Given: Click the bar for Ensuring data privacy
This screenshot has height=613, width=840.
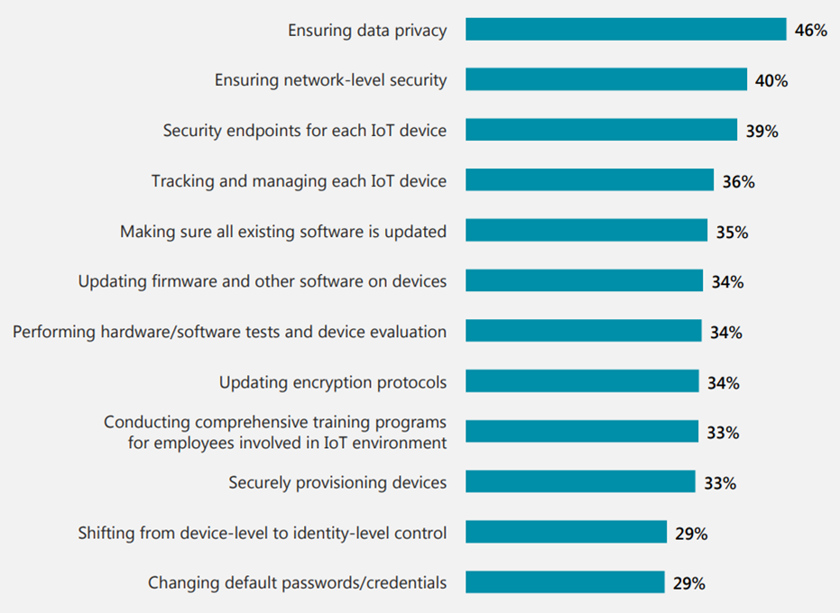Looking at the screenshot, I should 625,30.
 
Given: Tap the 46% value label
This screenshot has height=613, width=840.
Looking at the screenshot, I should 810,31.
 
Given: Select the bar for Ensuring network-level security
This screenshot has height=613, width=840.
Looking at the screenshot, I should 605,80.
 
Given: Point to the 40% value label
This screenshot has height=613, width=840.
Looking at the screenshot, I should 771,81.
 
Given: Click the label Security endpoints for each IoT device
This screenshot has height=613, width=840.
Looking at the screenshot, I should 304,131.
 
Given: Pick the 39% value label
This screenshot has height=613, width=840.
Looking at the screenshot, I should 762,132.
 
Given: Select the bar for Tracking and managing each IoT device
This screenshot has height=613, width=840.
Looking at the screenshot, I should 589,180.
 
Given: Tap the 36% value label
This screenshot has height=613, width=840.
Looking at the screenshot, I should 738,182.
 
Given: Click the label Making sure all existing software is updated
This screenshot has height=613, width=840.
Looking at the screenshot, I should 282,232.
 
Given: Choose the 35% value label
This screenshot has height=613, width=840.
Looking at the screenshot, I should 732,233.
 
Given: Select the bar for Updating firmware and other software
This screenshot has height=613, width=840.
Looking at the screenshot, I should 584,281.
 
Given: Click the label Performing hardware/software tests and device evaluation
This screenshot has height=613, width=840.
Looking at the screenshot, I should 229,332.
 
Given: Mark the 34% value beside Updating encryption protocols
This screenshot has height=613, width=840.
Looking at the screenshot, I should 723,383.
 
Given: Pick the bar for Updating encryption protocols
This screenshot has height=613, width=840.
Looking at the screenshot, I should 582,381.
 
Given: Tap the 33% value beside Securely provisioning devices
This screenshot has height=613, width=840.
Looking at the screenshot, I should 720,483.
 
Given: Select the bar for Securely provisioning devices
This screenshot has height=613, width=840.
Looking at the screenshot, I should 580,482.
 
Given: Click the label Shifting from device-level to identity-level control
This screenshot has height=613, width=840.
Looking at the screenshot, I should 262,533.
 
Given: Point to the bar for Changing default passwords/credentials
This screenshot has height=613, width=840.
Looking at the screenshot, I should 565,582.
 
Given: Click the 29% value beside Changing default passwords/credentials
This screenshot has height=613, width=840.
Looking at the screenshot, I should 689,583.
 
